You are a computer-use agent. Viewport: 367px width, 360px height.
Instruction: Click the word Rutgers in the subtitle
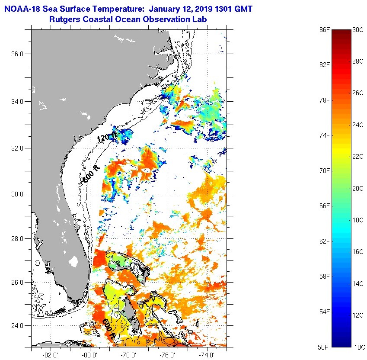[x=65, y=19]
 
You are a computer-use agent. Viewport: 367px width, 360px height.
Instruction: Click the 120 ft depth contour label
[x=106, y=138]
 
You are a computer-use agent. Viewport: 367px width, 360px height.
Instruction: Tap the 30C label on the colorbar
[x=358, y=29]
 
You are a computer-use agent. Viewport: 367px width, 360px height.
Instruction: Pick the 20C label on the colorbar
[x=358, y=188]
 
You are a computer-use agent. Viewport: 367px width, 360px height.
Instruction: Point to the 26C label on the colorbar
[x=358, y=93]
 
